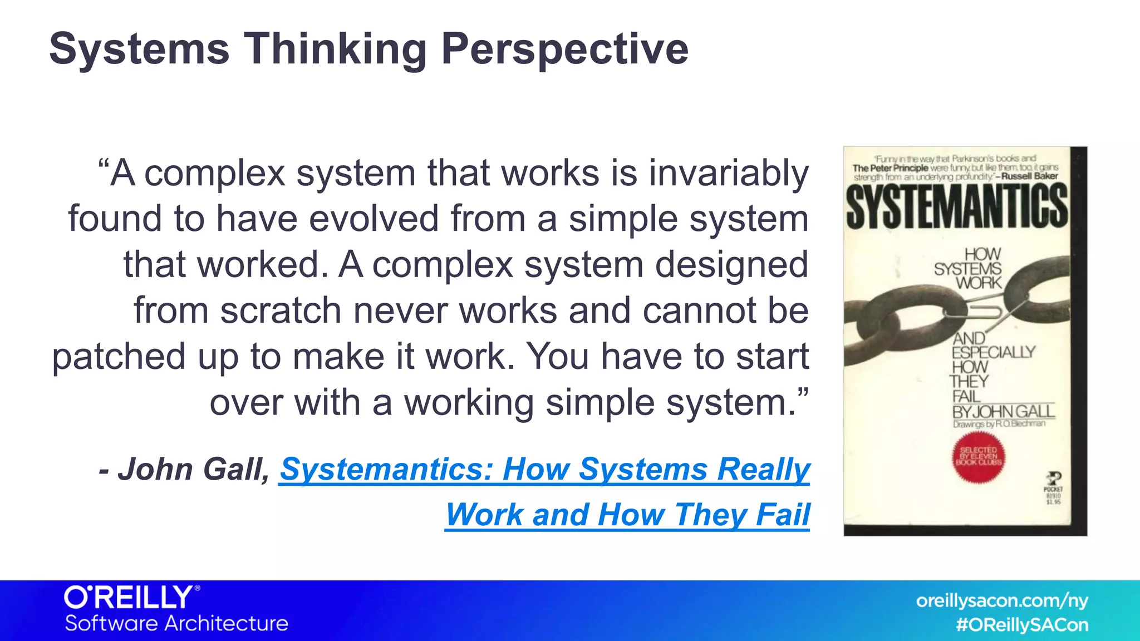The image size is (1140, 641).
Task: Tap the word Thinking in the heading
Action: (335, 49)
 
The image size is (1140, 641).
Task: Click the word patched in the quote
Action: (118, 357)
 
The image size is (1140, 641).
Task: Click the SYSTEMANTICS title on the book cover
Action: (956, 206)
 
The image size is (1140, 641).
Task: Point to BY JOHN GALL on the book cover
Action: (1003, 411)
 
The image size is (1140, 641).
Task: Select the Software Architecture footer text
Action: (176, 623)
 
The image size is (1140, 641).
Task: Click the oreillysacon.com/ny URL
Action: (1001, 601)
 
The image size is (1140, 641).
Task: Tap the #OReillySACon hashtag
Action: (1021, 625)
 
